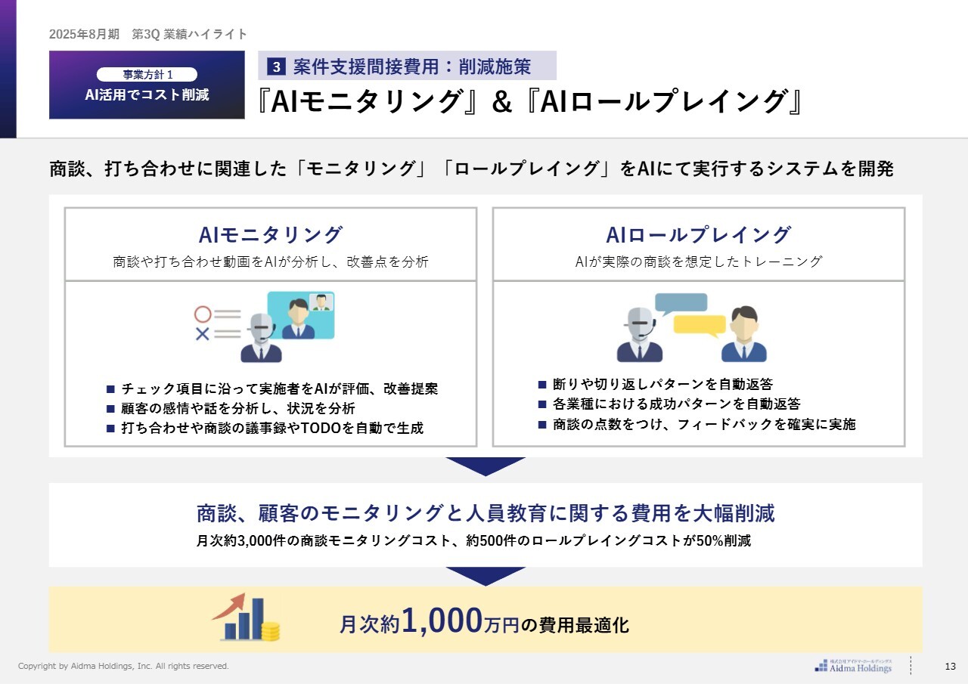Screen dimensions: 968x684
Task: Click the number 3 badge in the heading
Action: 276,67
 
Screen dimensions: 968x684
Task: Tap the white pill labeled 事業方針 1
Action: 147,74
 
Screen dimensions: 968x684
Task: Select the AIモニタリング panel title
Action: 271,235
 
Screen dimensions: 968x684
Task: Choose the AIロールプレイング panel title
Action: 698,235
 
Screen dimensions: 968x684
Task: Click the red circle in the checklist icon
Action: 203,314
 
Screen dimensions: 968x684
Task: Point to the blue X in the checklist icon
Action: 202,333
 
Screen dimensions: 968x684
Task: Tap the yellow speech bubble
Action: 700,326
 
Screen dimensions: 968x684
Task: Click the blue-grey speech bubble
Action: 681,304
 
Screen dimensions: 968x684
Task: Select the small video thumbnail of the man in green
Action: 321,302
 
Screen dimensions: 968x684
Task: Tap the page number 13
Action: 951,666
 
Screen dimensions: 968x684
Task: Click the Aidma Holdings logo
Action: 853,666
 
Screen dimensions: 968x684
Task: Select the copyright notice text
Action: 123,666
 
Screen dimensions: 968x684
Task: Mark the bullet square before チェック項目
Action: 110,389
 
